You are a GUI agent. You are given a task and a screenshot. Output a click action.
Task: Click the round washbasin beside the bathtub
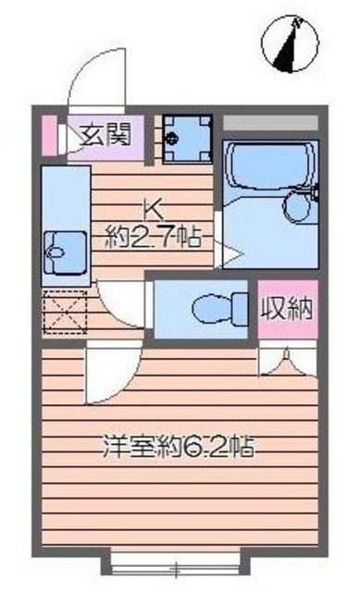[299, 206]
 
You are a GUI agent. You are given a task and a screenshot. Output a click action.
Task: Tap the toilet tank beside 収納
[242, 305]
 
